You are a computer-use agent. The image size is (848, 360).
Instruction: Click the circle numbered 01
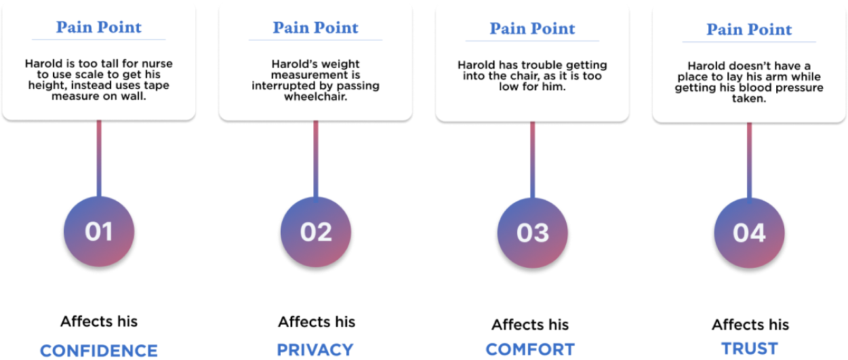pyautogui.click(x=99, y=231)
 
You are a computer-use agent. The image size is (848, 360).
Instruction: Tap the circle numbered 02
pyautogui.click(x=316, y=231)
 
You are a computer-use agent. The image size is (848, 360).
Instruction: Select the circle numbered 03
pyautogui.click(x=533, y=233)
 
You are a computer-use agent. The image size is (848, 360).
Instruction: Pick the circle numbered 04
pyautogui.click(x=749, y=233)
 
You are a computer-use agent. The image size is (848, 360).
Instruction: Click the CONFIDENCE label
pyautogui.click(x=99, y=351)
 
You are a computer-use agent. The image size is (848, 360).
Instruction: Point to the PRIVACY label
pyautogui.click(x=315, y=350)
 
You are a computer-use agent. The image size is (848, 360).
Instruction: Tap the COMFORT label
pyautogui.click(x=530, y=350)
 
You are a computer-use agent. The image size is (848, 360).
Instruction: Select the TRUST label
pyautogui.click(x=749, y=348)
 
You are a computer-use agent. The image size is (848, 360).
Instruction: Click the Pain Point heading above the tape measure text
pyautogui.click(x=99, y=27)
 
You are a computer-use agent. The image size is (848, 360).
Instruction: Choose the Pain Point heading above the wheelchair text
pyautogui.click(x=315, y=27)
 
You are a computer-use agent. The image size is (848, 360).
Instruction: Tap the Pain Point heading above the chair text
pyautogui.click(x=532, y=28)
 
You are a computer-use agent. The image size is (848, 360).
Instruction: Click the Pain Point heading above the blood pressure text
pyautogui.click(x=749, y=29)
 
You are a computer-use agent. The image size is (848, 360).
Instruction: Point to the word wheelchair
pyautogui.click(x=315, y=97)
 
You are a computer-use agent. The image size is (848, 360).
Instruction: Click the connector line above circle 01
pyautogui.click(x=99, y=156)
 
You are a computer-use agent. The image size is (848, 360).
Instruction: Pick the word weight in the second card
pyautogui.click(x=325, y=64)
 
